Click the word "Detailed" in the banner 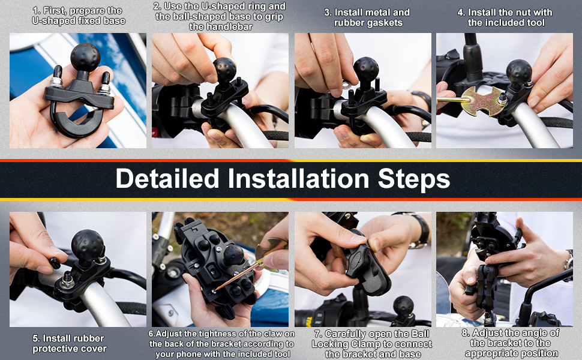tap(167, 179)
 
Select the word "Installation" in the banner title tap(298, 179)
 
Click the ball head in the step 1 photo tap(85, 57)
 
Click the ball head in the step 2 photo tap(224, 70)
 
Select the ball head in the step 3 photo tap(366, 69)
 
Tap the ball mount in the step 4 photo tap(518, 71)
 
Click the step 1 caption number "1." tap(37, 10)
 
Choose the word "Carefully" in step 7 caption tap(351, 334)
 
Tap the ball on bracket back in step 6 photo tap(233, 254)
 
